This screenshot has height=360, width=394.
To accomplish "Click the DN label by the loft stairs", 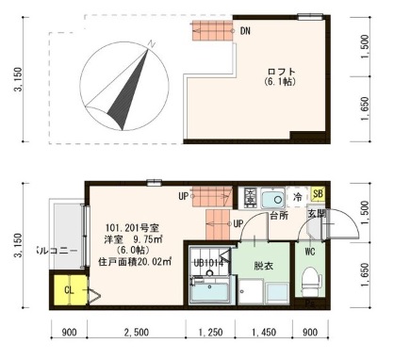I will click(x=246, y=31).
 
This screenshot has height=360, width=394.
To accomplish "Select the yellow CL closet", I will click(x=69, y=292).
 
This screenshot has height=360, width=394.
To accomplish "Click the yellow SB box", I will click(x=318, y=195).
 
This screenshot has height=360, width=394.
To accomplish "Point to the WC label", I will click(x=308, y=252).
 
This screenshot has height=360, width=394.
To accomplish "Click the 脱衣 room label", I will click(x=263, y=266).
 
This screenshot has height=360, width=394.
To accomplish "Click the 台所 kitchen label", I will click(x=278, y=216).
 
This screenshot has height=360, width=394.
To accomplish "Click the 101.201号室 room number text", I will click(x=128, y=227).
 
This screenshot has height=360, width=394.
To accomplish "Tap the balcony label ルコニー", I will click(x=56, y=251).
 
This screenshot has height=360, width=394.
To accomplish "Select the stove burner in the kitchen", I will click(x=251, y=198).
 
